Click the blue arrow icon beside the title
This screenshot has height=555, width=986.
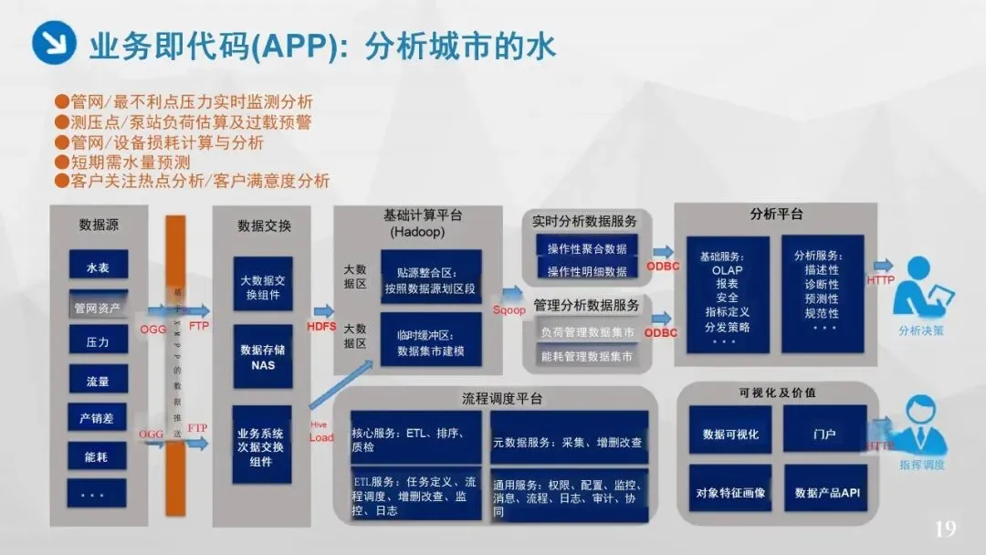(54, 43)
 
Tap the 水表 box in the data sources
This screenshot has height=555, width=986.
(98, 267)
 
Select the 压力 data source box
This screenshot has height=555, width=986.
(98, 341)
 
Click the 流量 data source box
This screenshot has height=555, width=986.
(98, 381)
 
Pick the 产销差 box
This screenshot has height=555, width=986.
(98, 418)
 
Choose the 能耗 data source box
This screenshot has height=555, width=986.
(98, 456)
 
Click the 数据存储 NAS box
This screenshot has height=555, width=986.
(262, 357)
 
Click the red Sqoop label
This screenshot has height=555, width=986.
(509, 310)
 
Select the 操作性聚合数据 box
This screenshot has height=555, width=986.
(587, 248)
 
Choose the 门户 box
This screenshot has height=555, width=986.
(823, 435)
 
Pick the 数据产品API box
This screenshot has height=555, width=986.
(823, 493)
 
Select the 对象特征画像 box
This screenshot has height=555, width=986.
(730, 493)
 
